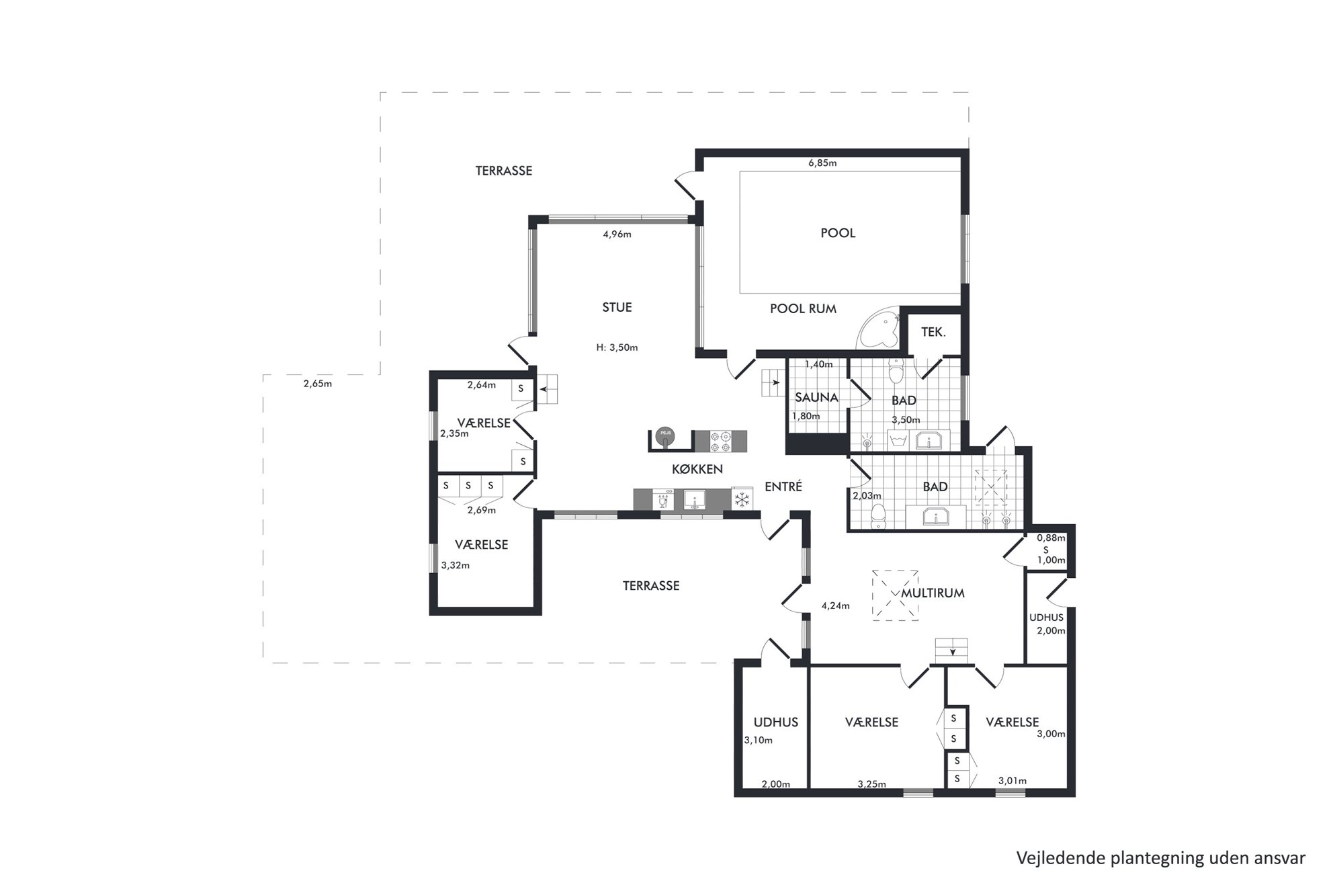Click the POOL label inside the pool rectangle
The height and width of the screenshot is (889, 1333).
pyautogui.click(x=838, y=233)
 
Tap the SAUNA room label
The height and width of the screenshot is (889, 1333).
pyautogui.click(x=816, y=397)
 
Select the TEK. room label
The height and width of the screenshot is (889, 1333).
pyautogui.click(x=933, y=332)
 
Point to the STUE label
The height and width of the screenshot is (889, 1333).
pyautogui.click(x=617, y=307)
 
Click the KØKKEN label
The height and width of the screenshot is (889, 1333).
pyautogui.click(x=697, y=469)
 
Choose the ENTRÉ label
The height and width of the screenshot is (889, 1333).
pyautogui.click(x=783, y=486)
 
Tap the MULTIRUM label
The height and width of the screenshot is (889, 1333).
pyautogui.click(x=933, y=593)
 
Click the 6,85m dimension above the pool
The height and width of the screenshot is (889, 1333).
pyautogui.click(x=822, y=163)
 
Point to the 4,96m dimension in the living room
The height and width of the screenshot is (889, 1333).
pyautogui.click(x=617, y=235)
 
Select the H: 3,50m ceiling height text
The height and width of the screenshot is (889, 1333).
pyautogui.click(x=617, y=347)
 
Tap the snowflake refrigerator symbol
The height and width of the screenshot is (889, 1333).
pyautogui.click(x=742, y=499)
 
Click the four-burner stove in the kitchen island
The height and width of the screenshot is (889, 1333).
pyautogui.click(x=721, y=441)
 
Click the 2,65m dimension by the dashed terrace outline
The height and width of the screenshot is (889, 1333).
pyautogui.click(x=318, y=384)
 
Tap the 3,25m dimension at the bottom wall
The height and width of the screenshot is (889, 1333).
pyautogui.click(x=871, y=784)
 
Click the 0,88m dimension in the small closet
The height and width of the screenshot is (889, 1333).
pyautogui.click(x=1051, y=538)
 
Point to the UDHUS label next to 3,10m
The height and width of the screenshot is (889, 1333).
pyautogui.click(x=776, y=722)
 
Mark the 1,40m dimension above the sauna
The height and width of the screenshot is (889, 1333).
pyautogui.click(x=818, y=364)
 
